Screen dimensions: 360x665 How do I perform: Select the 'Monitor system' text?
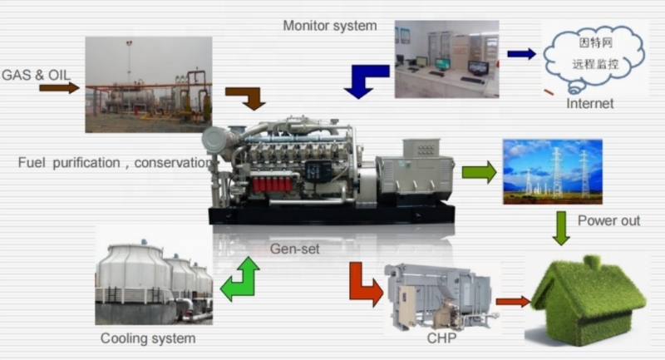pyautogui.click(x=330, y=24)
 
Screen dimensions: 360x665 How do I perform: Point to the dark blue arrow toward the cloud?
pyautogui.click(x=521, y=54)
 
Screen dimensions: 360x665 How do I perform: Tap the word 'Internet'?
pyautogui.click(x=589, y=104)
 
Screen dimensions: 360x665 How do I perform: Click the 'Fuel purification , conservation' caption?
pyautogui.click(x=115, y=163)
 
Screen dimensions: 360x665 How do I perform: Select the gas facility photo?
pyautogui.click(x=148, y=84)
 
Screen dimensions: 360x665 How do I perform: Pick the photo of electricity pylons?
pyautogui.click(x=552, y=172)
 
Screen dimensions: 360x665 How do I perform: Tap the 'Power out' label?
pyautogui.click(x=609, y=220)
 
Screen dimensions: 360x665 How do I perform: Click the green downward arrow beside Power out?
pyautogui.click(x=561, y=227)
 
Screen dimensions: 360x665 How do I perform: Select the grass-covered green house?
pyautogui.click(x=589, y=299)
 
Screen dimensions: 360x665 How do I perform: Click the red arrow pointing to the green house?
pyautogui.click(x=512, y=301)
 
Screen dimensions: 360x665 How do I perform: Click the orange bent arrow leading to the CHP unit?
pyautogui.click(x=363, y=284)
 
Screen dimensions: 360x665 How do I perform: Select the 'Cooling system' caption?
pyautogui.click(x=148, y=338)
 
